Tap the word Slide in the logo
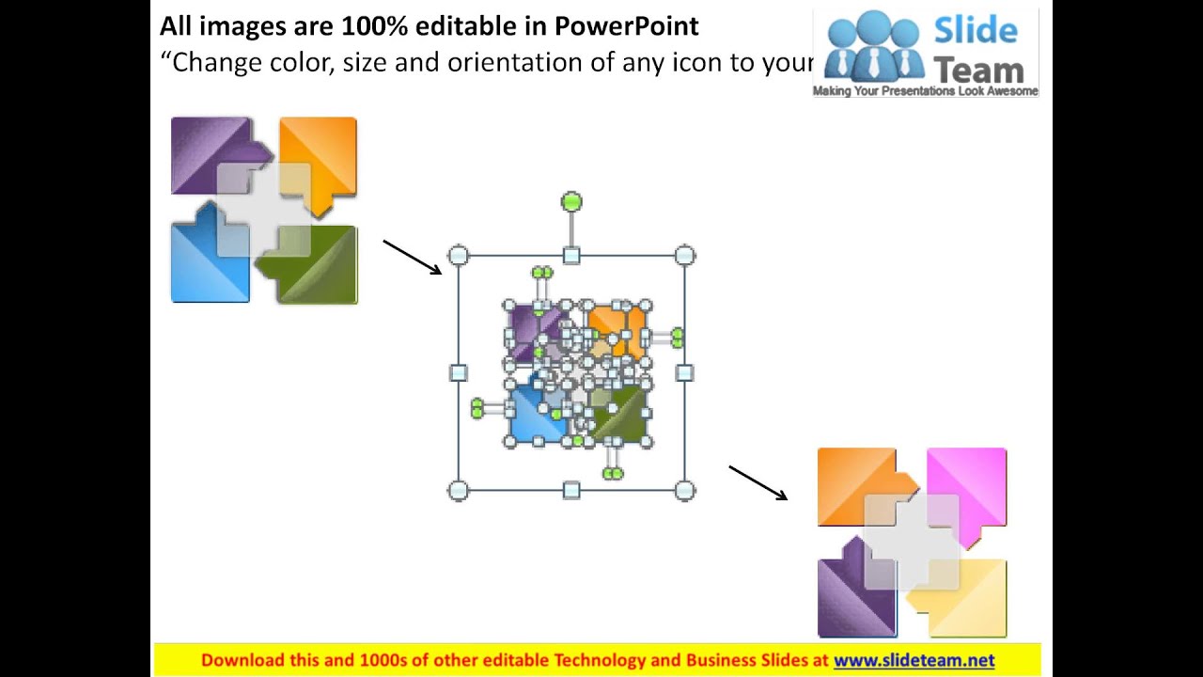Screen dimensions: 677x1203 pos(976,30)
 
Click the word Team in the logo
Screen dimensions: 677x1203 pos(977,70)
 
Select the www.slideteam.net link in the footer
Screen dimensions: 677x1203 pos(914,660)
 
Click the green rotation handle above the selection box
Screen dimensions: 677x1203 pos(571,202)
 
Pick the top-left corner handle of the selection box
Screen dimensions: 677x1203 pos(458,256)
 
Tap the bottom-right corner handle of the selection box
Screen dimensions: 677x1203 pos(685,490)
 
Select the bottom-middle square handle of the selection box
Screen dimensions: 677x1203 pos(571,490)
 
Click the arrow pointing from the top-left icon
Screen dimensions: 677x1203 pos(412,257)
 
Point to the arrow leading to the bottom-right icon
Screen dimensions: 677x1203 pos(758,482)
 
